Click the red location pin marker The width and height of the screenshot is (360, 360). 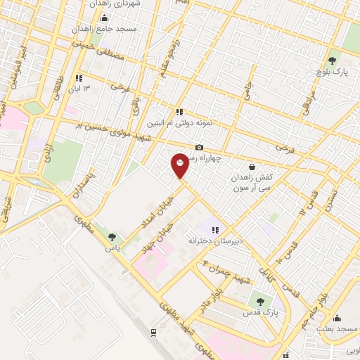click(x=180, y=165)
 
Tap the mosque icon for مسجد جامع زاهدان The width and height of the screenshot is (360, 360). click(x=105, y=18)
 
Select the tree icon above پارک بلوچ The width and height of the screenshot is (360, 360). click(x=333, y=60)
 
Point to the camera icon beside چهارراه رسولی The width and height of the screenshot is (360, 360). click(x=200, y=147)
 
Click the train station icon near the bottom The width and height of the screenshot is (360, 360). click(x=153, y=331)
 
